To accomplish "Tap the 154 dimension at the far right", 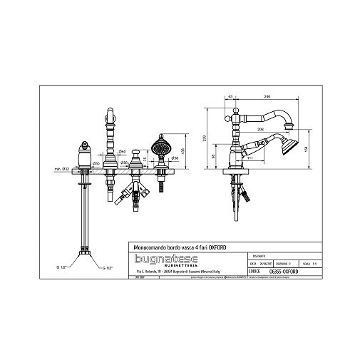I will click(307, 147).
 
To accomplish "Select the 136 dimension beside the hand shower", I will click(184, 150).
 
